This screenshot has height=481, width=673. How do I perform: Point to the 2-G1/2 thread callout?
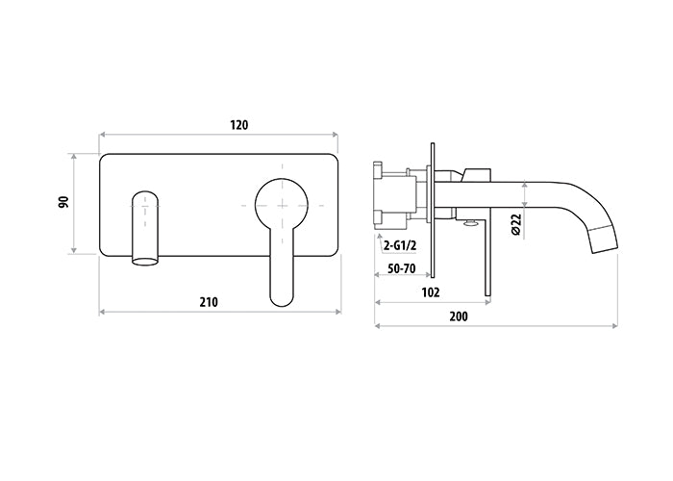[x=399, y=244]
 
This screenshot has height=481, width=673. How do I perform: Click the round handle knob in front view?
[x=283, y=203]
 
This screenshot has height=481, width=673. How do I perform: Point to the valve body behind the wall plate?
[x=396, y=198]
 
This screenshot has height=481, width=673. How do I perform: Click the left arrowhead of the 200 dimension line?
[x=379, y=326]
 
